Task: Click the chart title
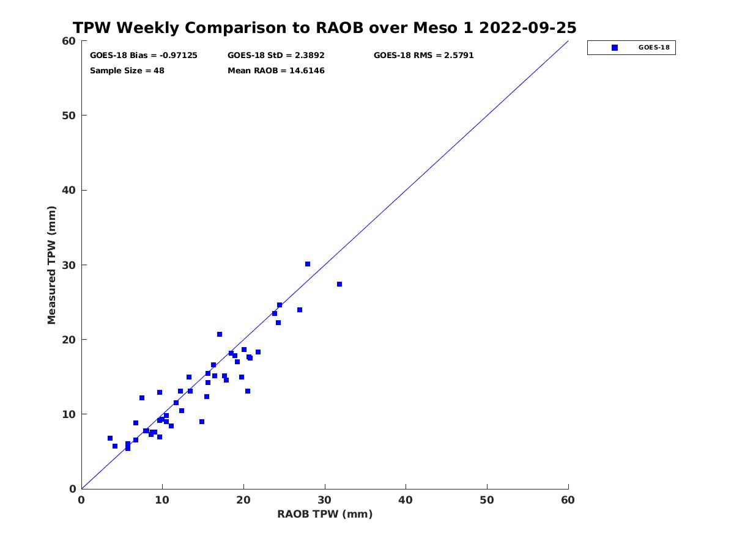click(x=324, y=28)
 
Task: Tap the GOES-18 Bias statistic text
click(x=144, y=56)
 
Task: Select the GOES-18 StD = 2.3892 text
click(x=276, y=56)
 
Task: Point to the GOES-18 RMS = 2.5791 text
click(x=423, y=56)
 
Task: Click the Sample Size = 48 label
click(x=127, y=71)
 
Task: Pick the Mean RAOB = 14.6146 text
click(x=276, y=71)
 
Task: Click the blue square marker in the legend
click(x=615, y=48)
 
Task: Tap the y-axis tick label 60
click(x=69, y=41)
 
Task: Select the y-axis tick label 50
click(x=69, y=116)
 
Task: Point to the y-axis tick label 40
click(x=69, y=190)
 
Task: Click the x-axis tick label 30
click(x=324, y=500)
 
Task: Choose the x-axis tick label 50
click(x=487, y=500)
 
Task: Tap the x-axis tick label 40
click(x=406, y=500)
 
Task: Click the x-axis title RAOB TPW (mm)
click(x=325, y=514)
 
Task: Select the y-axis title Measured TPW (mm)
click(x=51, y=265)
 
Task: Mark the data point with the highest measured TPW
click(x=308, y=264)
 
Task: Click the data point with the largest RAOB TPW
click(x=339, y=284)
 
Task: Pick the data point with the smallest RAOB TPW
click(x=110, y=438)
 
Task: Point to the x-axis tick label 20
click(x=243, y=500)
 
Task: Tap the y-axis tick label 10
click(x=69, y=414)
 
